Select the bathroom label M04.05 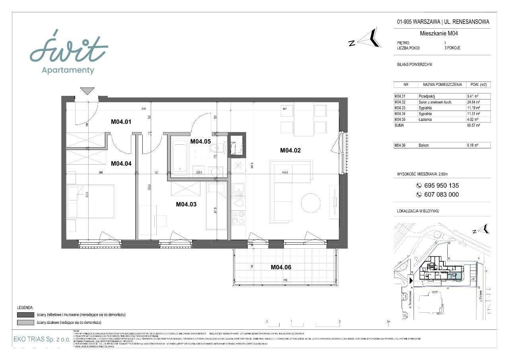tap(200, 141)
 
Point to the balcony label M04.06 tap(281, 267)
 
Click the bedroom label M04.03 tap(186, 204)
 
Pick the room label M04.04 tap(121, 163)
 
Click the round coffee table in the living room tap(311, 203)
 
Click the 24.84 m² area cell tap(474, 102)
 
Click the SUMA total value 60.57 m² tap(474, 125)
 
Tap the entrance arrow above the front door tap(87, 91)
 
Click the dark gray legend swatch tap(25, 315)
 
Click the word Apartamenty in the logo tap(68, 70)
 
